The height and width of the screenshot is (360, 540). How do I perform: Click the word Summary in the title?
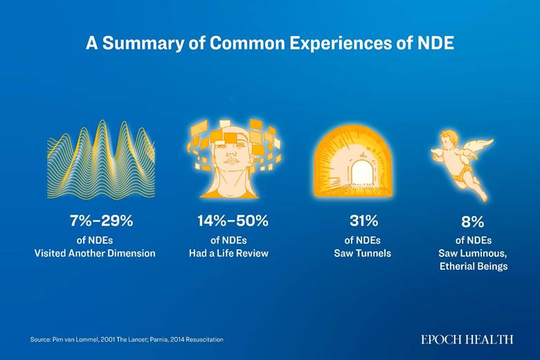pyautogui.click(x=143, y=44)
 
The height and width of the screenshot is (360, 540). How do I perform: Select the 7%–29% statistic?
pyautogui.click(x=101, y=221)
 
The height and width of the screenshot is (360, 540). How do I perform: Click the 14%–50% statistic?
pyautogui.click(x=233, y=221)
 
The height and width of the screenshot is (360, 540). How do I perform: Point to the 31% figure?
pyautogui.click(x=363, y=221)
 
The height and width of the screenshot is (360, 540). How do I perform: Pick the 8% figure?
pyautogui.click(x=472, y=222)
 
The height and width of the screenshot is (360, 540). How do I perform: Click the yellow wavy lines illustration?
pyautogui.click(x=101, y=159)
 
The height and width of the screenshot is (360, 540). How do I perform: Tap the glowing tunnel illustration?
pyautogui.click(x=353, y=160)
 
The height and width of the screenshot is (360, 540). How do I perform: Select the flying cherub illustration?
pyautogui.click(x=462, y=164)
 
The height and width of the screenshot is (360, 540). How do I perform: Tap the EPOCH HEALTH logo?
pyautogui.click(x=467, y=340)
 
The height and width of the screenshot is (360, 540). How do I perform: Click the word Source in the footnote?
pyautogui.click(x=40, y=340)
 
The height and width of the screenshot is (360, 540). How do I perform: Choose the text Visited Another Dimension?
pyautogui.click(x=95, y=253)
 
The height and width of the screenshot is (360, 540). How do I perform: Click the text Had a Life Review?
pyautogui.click(x=228, y=253)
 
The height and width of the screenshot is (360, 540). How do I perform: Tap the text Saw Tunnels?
pyautogui.click(x=363, y=253)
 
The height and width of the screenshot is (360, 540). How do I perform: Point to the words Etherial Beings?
pyautogui.click(x=474, y=267)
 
